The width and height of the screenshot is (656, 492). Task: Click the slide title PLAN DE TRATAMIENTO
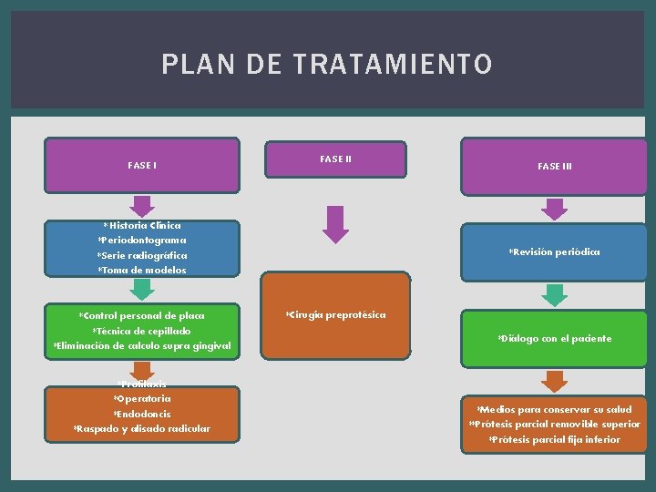(327, 65)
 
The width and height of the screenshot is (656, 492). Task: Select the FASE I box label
(142, 166)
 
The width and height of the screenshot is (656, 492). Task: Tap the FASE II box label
(335, 159)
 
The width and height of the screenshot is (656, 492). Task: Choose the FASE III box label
(554, 167)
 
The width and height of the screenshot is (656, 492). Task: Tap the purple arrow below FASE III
(554, 209)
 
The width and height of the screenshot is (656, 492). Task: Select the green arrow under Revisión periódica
(554, 293)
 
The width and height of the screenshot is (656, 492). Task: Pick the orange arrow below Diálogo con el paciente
(554, 380)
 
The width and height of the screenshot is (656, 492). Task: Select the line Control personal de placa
(142, 315)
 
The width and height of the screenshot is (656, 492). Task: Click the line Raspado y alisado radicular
(142, 429)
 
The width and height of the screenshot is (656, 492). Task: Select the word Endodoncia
(142, 414)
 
